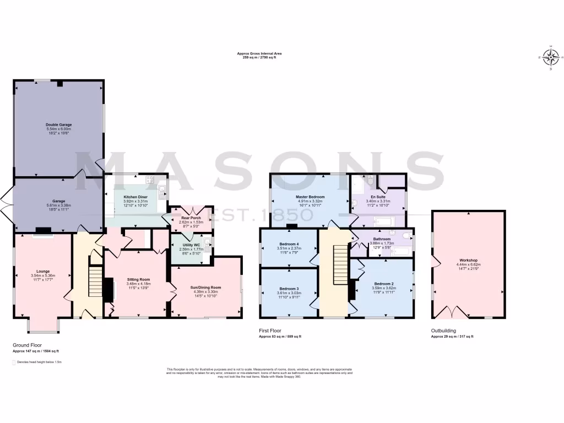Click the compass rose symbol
(x=551, y=57)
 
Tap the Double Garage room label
(x=58, y=125)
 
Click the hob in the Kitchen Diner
(x=149, y=180)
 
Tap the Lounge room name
(x=43, y=271)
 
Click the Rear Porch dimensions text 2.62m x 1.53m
(x=191, y=222)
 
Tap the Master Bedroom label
(x=310, y=197)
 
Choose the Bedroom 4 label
(x=289, y=244)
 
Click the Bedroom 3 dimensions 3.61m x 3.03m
(x=289, y=293)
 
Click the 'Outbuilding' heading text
(x=444, y=330)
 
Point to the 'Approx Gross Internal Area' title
(x=259, y=53)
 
